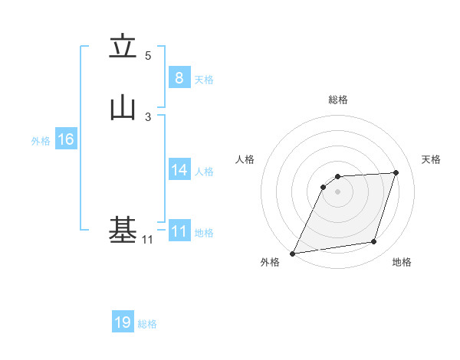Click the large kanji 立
point(123,47)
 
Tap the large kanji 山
point(123,108)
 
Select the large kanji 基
point(123,229)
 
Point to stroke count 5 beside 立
point(148,56)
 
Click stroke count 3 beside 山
point(148,116)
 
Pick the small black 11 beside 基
point(147,241)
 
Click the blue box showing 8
point(179,78)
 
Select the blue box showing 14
point(179,170)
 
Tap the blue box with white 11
point(179,231)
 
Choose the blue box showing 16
point(66,139)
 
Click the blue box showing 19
point(123,322)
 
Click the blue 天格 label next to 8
point(204,80)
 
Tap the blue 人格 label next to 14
point(204,172)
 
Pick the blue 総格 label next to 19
point(147,324)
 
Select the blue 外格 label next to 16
point(41,141)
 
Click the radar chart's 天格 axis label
point(431,159)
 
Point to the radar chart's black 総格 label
point(337,100)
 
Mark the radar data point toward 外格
point(293,253)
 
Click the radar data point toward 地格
point(374,242)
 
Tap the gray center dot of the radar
point(337,191)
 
